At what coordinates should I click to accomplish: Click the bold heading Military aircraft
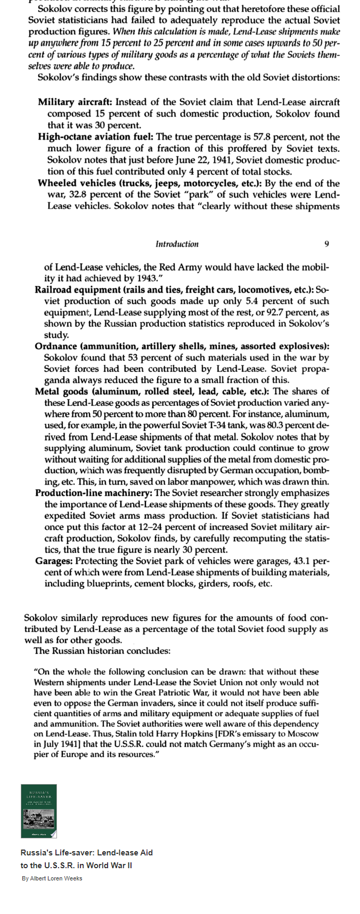pos(75,102)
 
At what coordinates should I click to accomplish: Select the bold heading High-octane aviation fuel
pos(96,137)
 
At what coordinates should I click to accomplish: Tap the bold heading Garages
pos(54,561)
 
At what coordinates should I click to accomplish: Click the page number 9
pos(326,244)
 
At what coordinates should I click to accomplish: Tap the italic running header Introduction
pos(177,244)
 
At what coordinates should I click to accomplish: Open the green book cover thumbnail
pos(39,811)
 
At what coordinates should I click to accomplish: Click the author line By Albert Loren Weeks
pos(52,878)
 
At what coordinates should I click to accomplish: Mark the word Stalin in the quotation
pos(107,734)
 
